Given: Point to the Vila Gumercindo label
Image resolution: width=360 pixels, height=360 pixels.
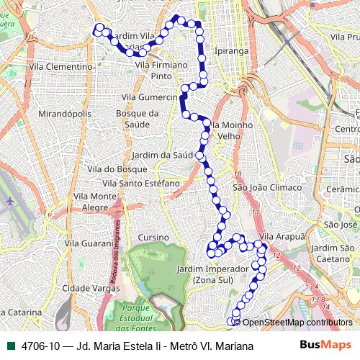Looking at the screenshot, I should [x=149, y=96].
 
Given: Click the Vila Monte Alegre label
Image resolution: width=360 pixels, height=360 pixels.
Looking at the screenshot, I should [x=95, y=202].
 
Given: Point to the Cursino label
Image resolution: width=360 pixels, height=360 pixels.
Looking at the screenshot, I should [x=153, y=237].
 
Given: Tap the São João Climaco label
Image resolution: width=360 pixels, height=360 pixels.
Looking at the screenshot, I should [x=257, y=187].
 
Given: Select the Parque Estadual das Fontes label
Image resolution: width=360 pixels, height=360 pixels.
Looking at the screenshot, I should [x=152, y=314].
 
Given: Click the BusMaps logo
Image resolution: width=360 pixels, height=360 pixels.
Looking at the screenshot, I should [x=325, y=346].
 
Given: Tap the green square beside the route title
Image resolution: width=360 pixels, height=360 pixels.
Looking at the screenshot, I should [x=11, y=346].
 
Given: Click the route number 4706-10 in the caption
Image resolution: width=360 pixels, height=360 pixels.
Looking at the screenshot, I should [x=40, y=346].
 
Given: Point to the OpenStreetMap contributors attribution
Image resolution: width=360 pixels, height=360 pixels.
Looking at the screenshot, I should [x=297, y=322].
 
